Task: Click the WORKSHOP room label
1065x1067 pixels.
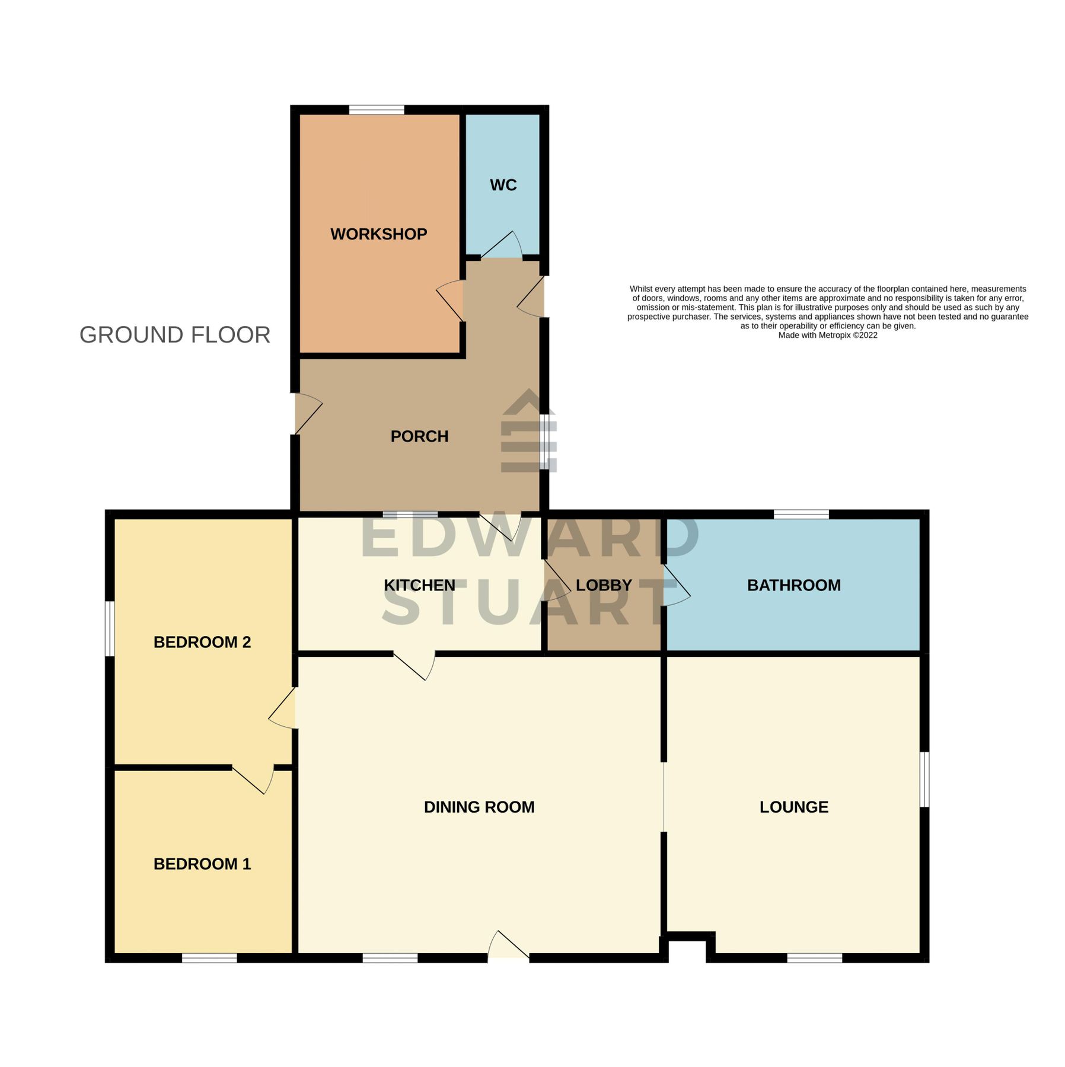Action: coord(378,234)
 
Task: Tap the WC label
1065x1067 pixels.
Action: coord(503,185)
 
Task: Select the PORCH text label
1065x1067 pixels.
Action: coord(419,436)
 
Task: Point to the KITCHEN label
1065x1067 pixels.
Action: coord(419,585)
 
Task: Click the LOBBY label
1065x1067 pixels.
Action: coord(604,585)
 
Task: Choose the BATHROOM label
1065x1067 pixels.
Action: coord(793,585)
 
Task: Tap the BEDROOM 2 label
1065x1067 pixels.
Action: coord(202,642)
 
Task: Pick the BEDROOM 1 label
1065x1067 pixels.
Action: coord(202,864)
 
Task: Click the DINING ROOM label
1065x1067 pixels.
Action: coord(479,807)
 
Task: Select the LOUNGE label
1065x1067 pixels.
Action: coord(793,807)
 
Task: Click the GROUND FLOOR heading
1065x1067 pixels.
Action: coord(175,335)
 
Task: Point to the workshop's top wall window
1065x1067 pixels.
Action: coord(377,110)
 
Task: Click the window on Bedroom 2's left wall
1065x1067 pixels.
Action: coord(110,628)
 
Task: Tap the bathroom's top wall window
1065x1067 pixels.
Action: coord(801,514)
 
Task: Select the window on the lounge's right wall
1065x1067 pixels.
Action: coord(924,779)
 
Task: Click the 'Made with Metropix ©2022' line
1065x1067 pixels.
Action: coord(827,336)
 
